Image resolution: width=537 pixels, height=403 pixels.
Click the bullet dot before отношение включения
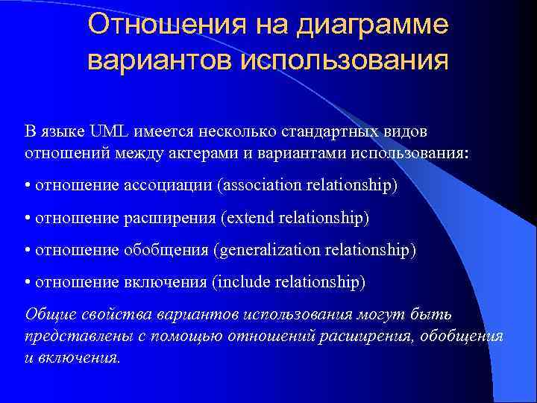click(x=28, y=282)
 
